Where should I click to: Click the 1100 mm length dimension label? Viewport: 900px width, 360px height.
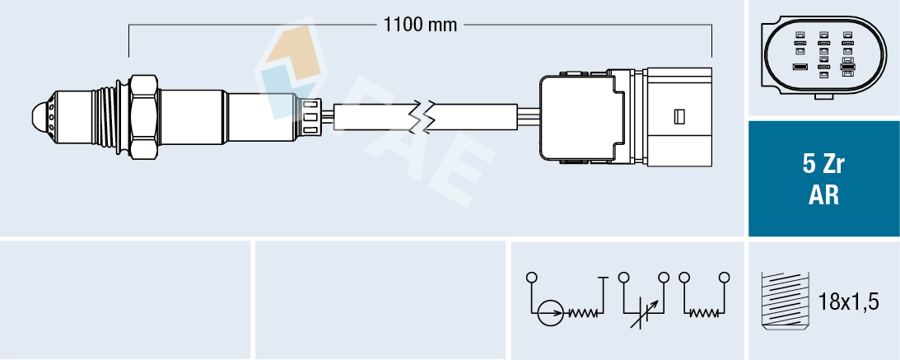tap(420, 25)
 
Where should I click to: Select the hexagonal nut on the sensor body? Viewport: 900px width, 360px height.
tap(143, 117)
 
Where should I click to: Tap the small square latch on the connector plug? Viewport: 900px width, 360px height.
tap(679, 116)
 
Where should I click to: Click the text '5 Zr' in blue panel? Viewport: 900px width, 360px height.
tap(823, 166)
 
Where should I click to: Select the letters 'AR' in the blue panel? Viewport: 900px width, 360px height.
tap(823, 196)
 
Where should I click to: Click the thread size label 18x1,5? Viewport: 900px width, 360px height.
tap(848, 302)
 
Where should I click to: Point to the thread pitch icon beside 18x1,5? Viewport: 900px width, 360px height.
tap(785, 301)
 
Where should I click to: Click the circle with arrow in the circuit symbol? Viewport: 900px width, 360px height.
tap(550, 314)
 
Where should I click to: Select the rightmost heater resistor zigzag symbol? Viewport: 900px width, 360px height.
tap(704, 314)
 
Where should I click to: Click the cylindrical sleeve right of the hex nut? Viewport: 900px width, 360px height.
tap(193, 117)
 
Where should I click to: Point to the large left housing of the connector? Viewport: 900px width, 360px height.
tap(581, 117)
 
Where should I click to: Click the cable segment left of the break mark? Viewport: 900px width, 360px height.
tap(372, 116)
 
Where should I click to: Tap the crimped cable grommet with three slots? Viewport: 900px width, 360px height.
tap(310, 118)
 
